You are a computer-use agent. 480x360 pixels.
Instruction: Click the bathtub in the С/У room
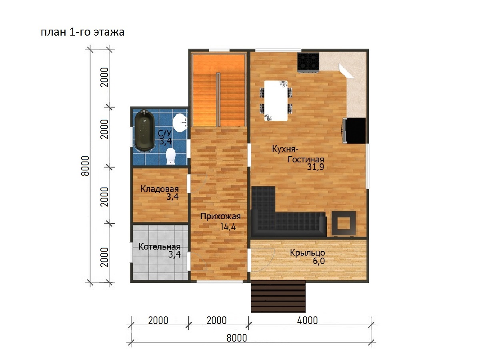(x=144, y=130)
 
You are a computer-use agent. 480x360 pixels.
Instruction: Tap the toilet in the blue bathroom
(x=171, y=156)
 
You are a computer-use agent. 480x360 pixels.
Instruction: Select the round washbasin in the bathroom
(x=180, y=123)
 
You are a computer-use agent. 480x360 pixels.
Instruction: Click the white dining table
(x=276, y=100)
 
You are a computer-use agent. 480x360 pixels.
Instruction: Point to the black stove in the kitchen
(x=308, y=62)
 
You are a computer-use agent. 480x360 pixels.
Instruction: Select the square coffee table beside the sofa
(x=344, y=223)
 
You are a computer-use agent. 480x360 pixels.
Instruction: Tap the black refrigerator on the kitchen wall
(x=354, y=130)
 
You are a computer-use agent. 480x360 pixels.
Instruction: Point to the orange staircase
(x=218, y=90)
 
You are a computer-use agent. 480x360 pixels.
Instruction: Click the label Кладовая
(x=159, y=189)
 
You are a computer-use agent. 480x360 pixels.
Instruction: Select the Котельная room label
(x=159, y=246)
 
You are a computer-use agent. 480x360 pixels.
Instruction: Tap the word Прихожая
(x=220, y=216)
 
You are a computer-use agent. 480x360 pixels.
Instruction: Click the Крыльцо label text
(x=308, y=253)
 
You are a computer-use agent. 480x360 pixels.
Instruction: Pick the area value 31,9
(x=315, y=167)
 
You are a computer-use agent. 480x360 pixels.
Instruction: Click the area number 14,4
(x=228, y=227)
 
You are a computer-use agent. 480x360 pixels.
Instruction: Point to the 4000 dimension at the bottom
(x=307, y=320)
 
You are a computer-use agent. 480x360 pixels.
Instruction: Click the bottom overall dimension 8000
(x=237, y=338)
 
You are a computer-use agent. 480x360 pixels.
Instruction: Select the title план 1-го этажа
(x=82, y=32)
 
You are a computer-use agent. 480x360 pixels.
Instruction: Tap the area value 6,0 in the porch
(x=319, y=261)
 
